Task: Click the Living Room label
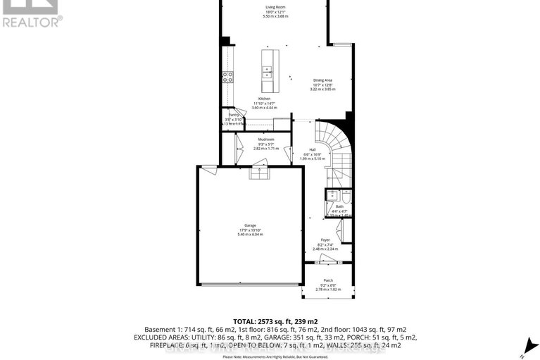click(x=270, y=7)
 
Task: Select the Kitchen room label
click(x=264, y=98)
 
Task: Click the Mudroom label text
click(x=265, y=139)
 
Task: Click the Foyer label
click(x=325, y=240)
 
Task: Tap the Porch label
click(x=328, y=280)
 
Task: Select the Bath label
click(x=339, y=206)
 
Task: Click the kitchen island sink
click(x=268, y=70)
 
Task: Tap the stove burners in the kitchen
click(x=228, y=77)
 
